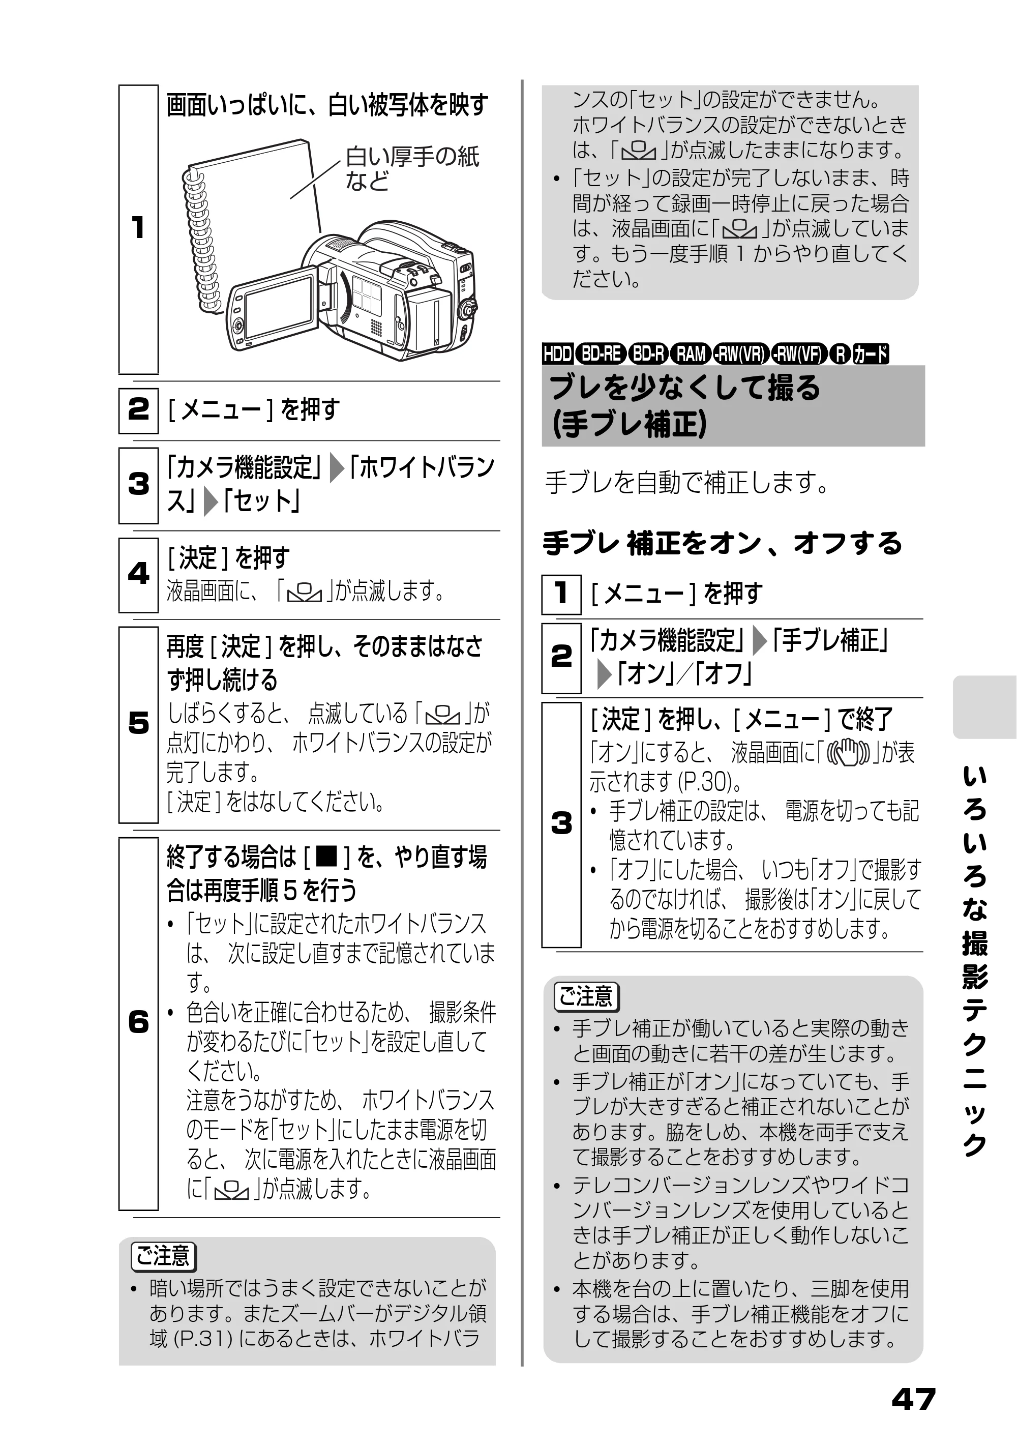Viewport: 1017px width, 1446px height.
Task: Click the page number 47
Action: [x=914, y=1399]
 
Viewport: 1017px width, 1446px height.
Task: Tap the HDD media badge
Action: [x=557, y=355]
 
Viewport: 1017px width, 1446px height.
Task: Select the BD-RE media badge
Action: [x=601, y=355]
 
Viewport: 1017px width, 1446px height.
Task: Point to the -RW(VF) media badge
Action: [x=800, y=355]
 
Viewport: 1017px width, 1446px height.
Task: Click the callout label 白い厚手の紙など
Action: [x=412, y=168]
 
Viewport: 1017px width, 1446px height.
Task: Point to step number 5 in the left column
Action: [x=138, y=723]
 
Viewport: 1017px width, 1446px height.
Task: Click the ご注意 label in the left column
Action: [x=164, y=1256]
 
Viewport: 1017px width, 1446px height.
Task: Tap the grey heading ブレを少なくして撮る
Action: [x=685, y=388]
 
